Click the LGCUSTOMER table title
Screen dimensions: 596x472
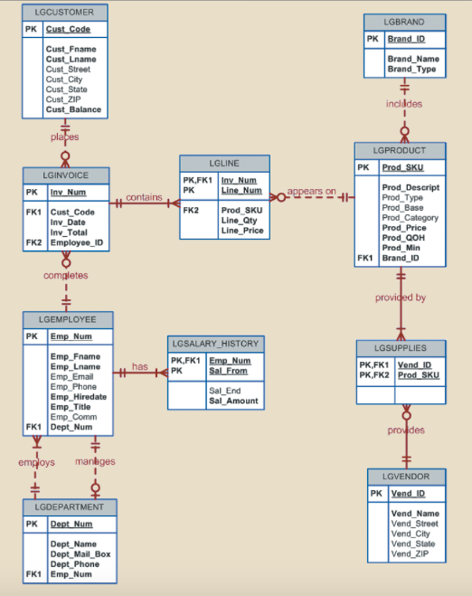64,12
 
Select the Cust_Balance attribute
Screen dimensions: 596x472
73,109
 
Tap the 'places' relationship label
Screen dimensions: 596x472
64,137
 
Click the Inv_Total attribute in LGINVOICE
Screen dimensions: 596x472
69,232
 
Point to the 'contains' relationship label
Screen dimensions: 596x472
144,197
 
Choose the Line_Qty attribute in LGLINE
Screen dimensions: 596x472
240,221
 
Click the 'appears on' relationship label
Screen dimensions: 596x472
312,192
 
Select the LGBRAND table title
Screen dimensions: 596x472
403,21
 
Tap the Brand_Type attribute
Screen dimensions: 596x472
411,69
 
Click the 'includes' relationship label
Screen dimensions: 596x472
404,104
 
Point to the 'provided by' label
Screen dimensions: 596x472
401,298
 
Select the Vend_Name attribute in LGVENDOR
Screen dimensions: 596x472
414,514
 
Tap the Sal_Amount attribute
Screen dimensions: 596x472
233,400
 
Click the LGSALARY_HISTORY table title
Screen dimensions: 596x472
215,344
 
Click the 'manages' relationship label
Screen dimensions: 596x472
95,462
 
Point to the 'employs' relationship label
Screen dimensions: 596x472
37,463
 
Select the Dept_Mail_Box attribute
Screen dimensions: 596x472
80,553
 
